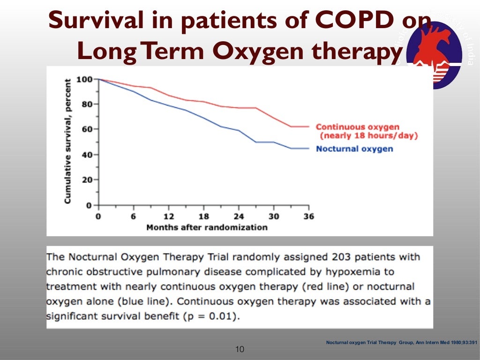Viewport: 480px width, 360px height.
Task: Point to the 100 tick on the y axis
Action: [85, 79]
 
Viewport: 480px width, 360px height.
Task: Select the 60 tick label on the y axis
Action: [87, 129]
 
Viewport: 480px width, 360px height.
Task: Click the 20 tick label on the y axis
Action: [87, 180]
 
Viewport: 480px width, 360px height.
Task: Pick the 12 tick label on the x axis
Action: [168, 217]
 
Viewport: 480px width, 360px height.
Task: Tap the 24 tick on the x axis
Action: [239, 217]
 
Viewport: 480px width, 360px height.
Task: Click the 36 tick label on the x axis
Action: [308, 217]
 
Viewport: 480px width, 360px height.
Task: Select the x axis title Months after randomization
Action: [207, 227]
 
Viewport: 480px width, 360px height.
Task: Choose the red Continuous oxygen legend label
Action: [357, 127]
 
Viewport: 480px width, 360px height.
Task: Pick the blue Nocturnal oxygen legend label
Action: [354, 149]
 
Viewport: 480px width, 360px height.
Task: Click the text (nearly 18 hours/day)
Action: [368, 136]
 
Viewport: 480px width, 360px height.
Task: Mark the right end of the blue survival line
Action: [308, 148]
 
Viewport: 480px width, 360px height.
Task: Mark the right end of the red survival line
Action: [308, 127]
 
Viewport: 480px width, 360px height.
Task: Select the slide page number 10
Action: [240, 349]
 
